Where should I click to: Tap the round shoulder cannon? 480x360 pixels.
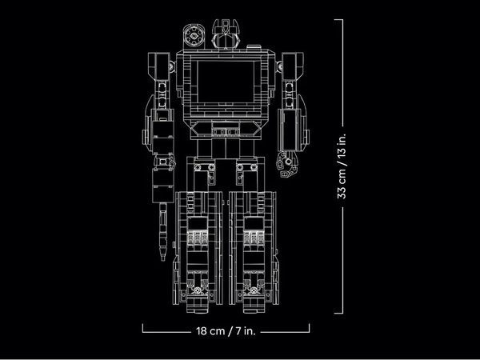193,35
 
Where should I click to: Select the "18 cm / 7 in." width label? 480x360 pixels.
226,328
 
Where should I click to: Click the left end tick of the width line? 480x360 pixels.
143,328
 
